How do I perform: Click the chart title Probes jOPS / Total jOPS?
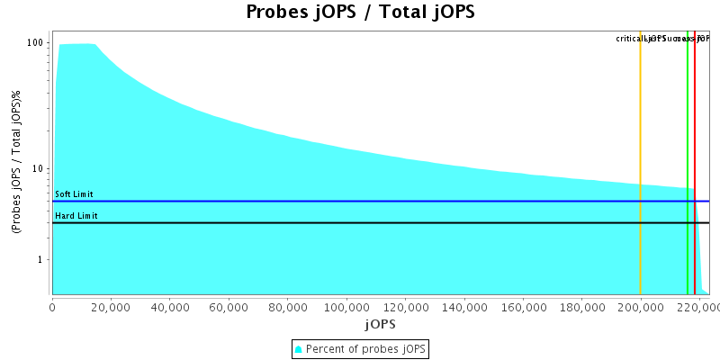point(360,13)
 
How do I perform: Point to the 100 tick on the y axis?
point(36,43)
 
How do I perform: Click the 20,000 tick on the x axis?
point(111,306)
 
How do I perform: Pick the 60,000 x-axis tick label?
point(229,306)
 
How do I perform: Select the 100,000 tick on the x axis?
point(346,306)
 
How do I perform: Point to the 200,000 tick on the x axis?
point(641,306)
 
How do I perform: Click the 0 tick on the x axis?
point(52,306)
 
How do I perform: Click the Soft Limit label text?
point(74,194)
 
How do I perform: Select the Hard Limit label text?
point(76,216)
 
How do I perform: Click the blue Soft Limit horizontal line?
point(360,202)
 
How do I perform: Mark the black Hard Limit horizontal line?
point(360,222)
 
